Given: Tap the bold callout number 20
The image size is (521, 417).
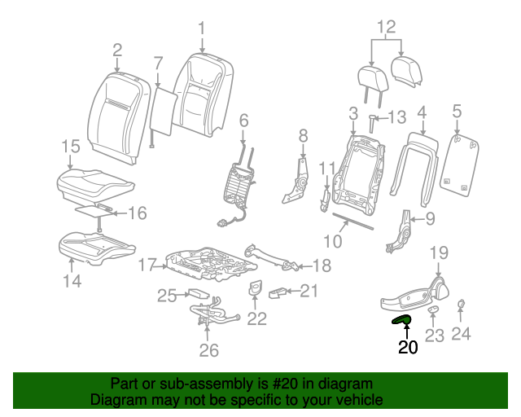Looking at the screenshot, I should pos(407,347).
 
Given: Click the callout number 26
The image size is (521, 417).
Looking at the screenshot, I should pos(209,350).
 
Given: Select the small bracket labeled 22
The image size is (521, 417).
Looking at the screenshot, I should pos(254,289).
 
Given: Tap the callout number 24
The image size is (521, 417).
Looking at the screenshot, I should pos(462,332).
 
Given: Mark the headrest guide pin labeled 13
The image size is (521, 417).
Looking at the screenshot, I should pos(374,121).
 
